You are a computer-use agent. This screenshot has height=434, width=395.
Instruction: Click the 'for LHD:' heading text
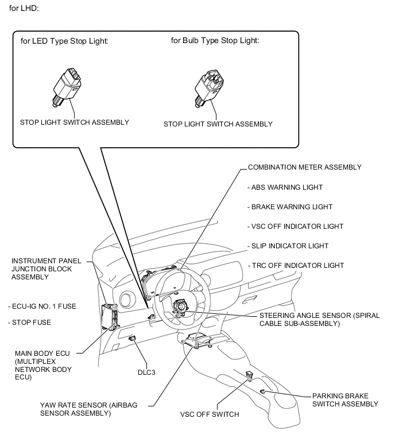pos(22,8)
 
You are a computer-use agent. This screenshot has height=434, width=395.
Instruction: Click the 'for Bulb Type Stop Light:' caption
pos(215,40)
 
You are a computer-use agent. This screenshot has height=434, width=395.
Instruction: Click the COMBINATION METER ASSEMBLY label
pos(304,167)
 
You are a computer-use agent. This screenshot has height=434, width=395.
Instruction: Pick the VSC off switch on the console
pos(250,376)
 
